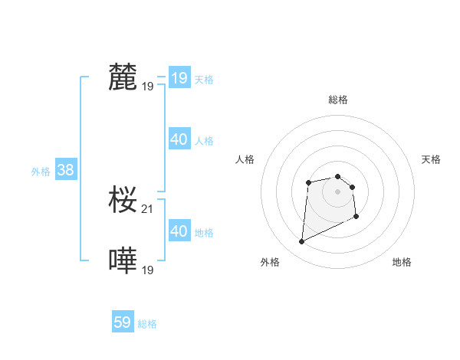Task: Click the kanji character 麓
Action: click(123, 77)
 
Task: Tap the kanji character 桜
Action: click(123, 200)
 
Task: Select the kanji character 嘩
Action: click(123, 261)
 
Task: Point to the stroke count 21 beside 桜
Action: click(148, 208)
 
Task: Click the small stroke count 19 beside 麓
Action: click(148, 87)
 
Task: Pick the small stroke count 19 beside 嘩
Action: click(148, 270)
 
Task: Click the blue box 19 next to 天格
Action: click(179, 78)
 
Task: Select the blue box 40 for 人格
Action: click(179, 139)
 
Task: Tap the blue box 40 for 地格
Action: click(179, 231)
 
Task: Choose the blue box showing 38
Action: click(65, 170)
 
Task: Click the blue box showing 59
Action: click(122, 322)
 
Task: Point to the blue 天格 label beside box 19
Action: click(204, 79)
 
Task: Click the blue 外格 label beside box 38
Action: click(41, 172)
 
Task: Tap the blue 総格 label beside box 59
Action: click(147, 324)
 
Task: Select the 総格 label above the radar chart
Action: click(338, 100)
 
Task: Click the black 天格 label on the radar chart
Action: click(431, 159)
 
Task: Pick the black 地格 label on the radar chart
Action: click(402, 262)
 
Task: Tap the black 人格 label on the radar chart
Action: click(245, 159)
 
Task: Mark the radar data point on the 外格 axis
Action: click(301, 242)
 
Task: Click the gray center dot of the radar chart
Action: click(338, 191)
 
